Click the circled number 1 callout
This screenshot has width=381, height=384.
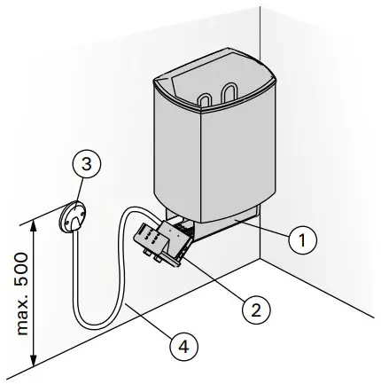point(303,238)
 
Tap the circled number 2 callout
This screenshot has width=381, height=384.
point(254,310)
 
